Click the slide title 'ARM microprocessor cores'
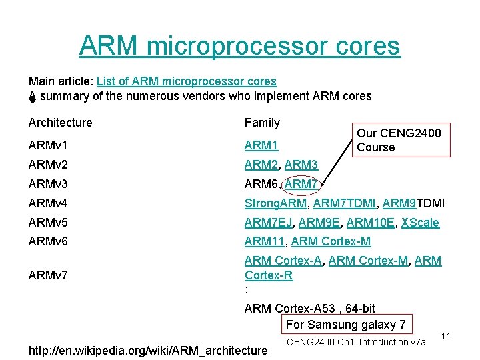(239, 46)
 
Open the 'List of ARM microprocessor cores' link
(186, 81)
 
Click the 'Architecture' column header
(60, 123)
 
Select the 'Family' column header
(262, 123)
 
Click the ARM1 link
(261, 144)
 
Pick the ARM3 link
(301, 164)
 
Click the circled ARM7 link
(302, 184)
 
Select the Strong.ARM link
(275, 203)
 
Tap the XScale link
(420, 223)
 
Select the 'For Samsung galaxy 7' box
(345, 325)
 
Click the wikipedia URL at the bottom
(147, 350)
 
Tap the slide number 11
(447, 337)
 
